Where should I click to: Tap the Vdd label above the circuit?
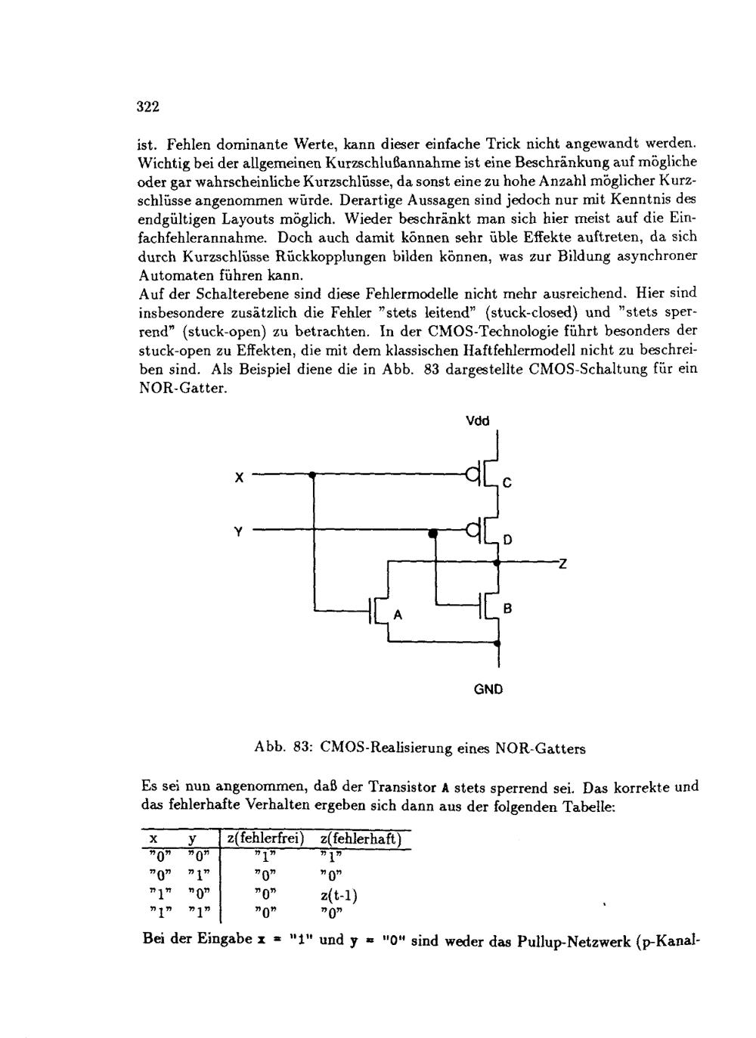pyautogui.click(x=479, y=420)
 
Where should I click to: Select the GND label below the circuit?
pyautogui.click(x=488, y=689)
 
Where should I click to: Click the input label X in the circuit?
pyautogui.click(x=239, y=477)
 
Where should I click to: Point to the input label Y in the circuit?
pyautogui.click(x=238, y=531)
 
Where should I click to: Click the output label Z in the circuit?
pyautogui.click(x=562, y=562)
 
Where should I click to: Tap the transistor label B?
pyautogui.click(x=508, y=608)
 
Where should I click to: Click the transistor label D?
pyautogui.click(x=508, y=540)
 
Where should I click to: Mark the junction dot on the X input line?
pyautogui.click(x=312, y=475)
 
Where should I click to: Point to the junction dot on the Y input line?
pyautogui.click(x=433, y=534)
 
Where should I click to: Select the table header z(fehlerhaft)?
pyautogui.click(x=361, y=839)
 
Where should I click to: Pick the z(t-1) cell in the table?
pyautogui.click(x=339, y=897)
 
